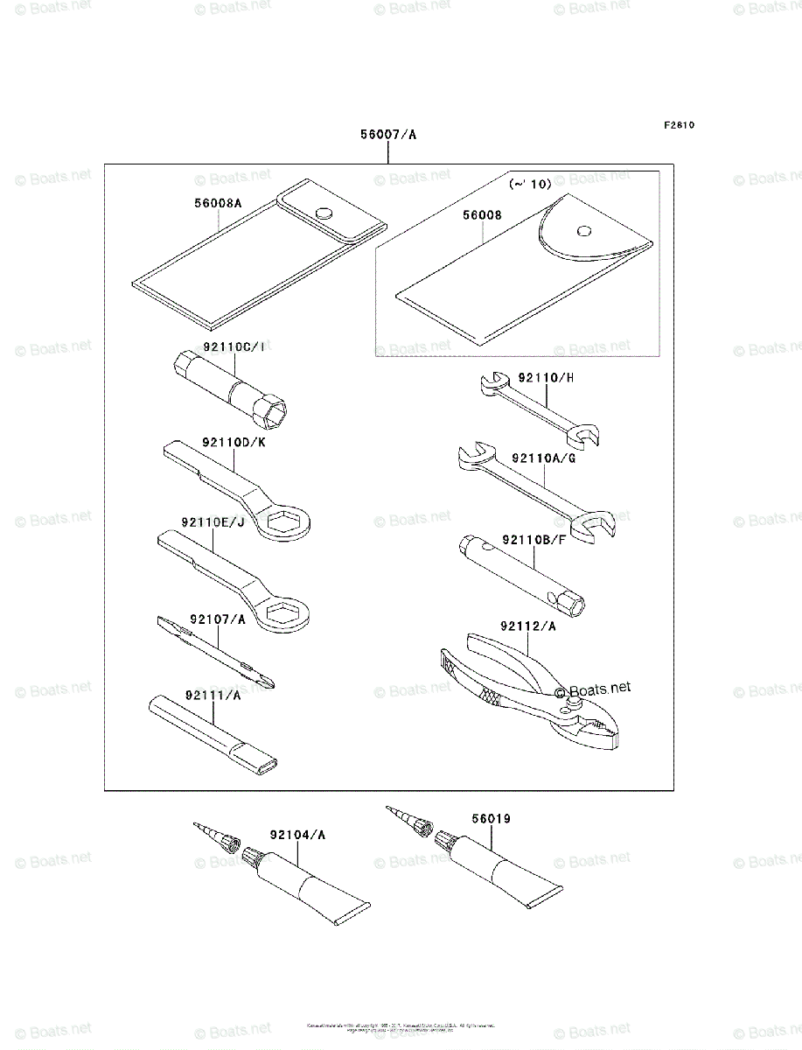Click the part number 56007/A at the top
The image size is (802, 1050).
point(388,135)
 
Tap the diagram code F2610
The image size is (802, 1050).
point(678,125)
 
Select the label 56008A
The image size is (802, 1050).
point(218,203)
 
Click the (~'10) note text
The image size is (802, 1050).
point(530,185)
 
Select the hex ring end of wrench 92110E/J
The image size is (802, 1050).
point(284,613)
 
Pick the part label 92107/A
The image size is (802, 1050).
point(215,619)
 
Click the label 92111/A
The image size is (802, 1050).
point(212,695)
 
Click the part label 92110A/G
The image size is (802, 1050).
point(543,458)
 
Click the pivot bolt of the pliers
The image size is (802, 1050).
point(573,702)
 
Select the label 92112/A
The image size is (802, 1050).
point(529,626)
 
